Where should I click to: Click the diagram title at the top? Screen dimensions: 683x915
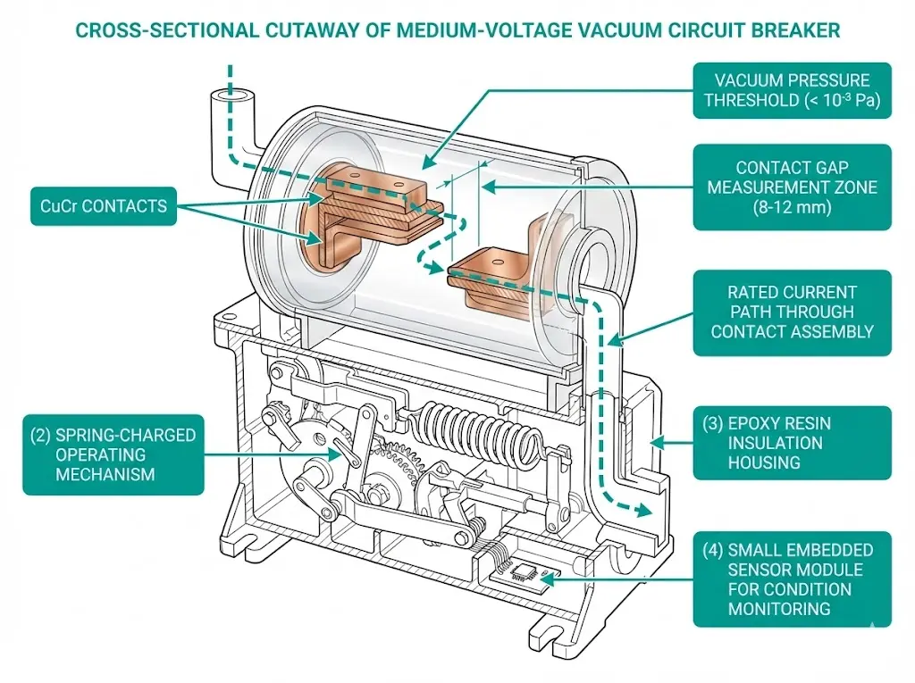(457, 30)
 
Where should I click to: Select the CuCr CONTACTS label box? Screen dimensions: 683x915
(103, 206)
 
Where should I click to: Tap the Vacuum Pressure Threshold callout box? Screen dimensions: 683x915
(792, 90)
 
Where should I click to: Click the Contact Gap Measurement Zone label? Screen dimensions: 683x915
(792, 187)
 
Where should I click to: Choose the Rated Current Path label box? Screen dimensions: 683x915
(792, 312)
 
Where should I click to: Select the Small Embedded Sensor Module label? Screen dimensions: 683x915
(792, 578)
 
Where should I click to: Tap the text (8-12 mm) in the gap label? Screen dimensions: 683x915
(792, 208)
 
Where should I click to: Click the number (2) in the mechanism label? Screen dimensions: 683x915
(41, 435)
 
